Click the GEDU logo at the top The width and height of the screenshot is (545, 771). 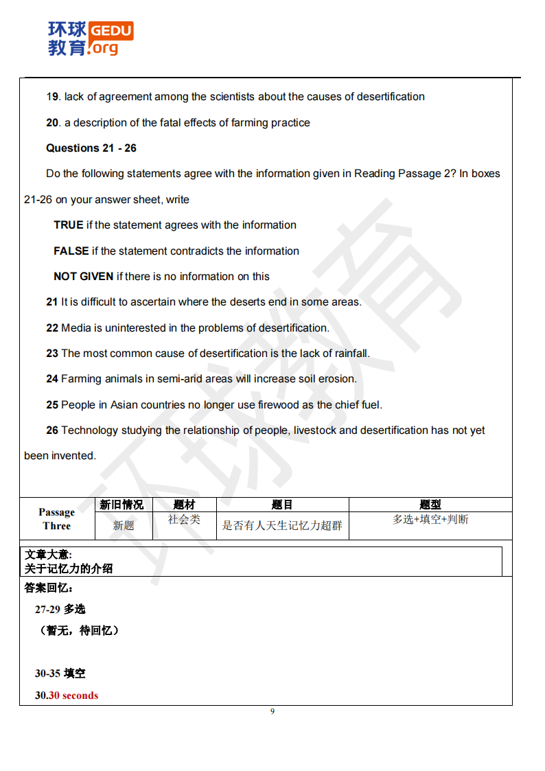90,38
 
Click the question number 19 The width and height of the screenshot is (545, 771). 53,97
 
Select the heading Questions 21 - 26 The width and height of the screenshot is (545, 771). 91,148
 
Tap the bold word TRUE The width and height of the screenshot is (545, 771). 68,225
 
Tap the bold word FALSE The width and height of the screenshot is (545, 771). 71,251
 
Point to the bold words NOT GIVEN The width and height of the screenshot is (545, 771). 83,277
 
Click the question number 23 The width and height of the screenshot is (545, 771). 52,354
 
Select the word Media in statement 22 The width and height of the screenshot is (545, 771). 76,328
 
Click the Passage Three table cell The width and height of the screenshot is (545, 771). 56,519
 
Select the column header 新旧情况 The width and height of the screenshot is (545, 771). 121,505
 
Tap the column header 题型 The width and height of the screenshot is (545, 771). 430,505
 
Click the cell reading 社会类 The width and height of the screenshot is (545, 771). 184,520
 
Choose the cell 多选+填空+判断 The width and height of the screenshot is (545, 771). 430,520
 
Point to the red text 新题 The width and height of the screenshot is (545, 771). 124,526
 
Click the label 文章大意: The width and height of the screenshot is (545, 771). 48,554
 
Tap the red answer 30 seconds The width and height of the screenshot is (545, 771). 73,695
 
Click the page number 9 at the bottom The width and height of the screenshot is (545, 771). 272,711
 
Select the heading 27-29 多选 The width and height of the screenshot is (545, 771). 60,609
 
